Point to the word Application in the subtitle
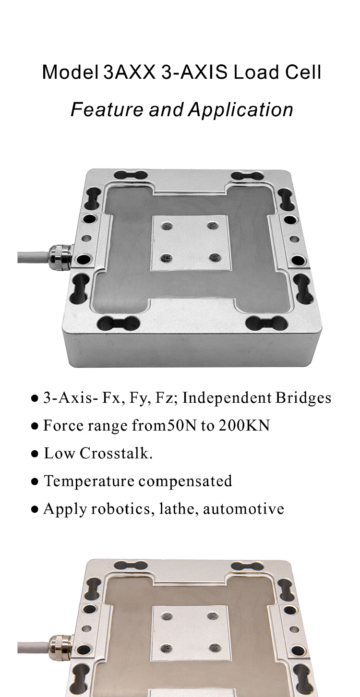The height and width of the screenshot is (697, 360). pyautogui.click(x=240, y=110)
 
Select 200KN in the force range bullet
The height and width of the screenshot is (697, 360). pyautogui.click(x=244, y=426)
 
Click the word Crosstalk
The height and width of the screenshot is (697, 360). pyautogui.click(x=116, y=453)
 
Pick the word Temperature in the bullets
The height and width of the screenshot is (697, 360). pyautogui.click(x=89, y=481)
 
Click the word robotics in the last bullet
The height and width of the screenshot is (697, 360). pyautogui.click(x=122, y=509)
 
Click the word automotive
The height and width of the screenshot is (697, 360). pyautogui.click(x=244, y=509)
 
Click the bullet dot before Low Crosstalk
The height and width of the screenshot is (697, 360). pyautogui.click(x=35, y=455)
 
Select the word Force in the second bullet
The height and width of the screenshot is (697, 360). pyautogui.click(x=63, y=426)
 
